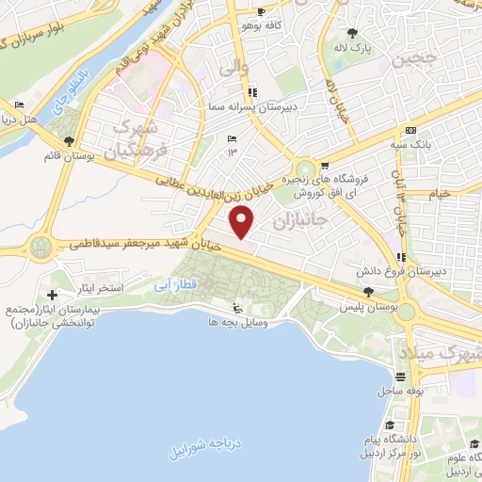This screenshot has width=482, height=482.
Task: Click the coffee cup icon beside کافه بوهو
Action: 260,13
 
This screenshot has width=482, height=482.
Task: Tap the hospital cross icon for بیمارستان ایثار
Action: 52,272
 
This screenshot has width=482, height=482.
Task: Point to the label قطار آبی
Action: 172,280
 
